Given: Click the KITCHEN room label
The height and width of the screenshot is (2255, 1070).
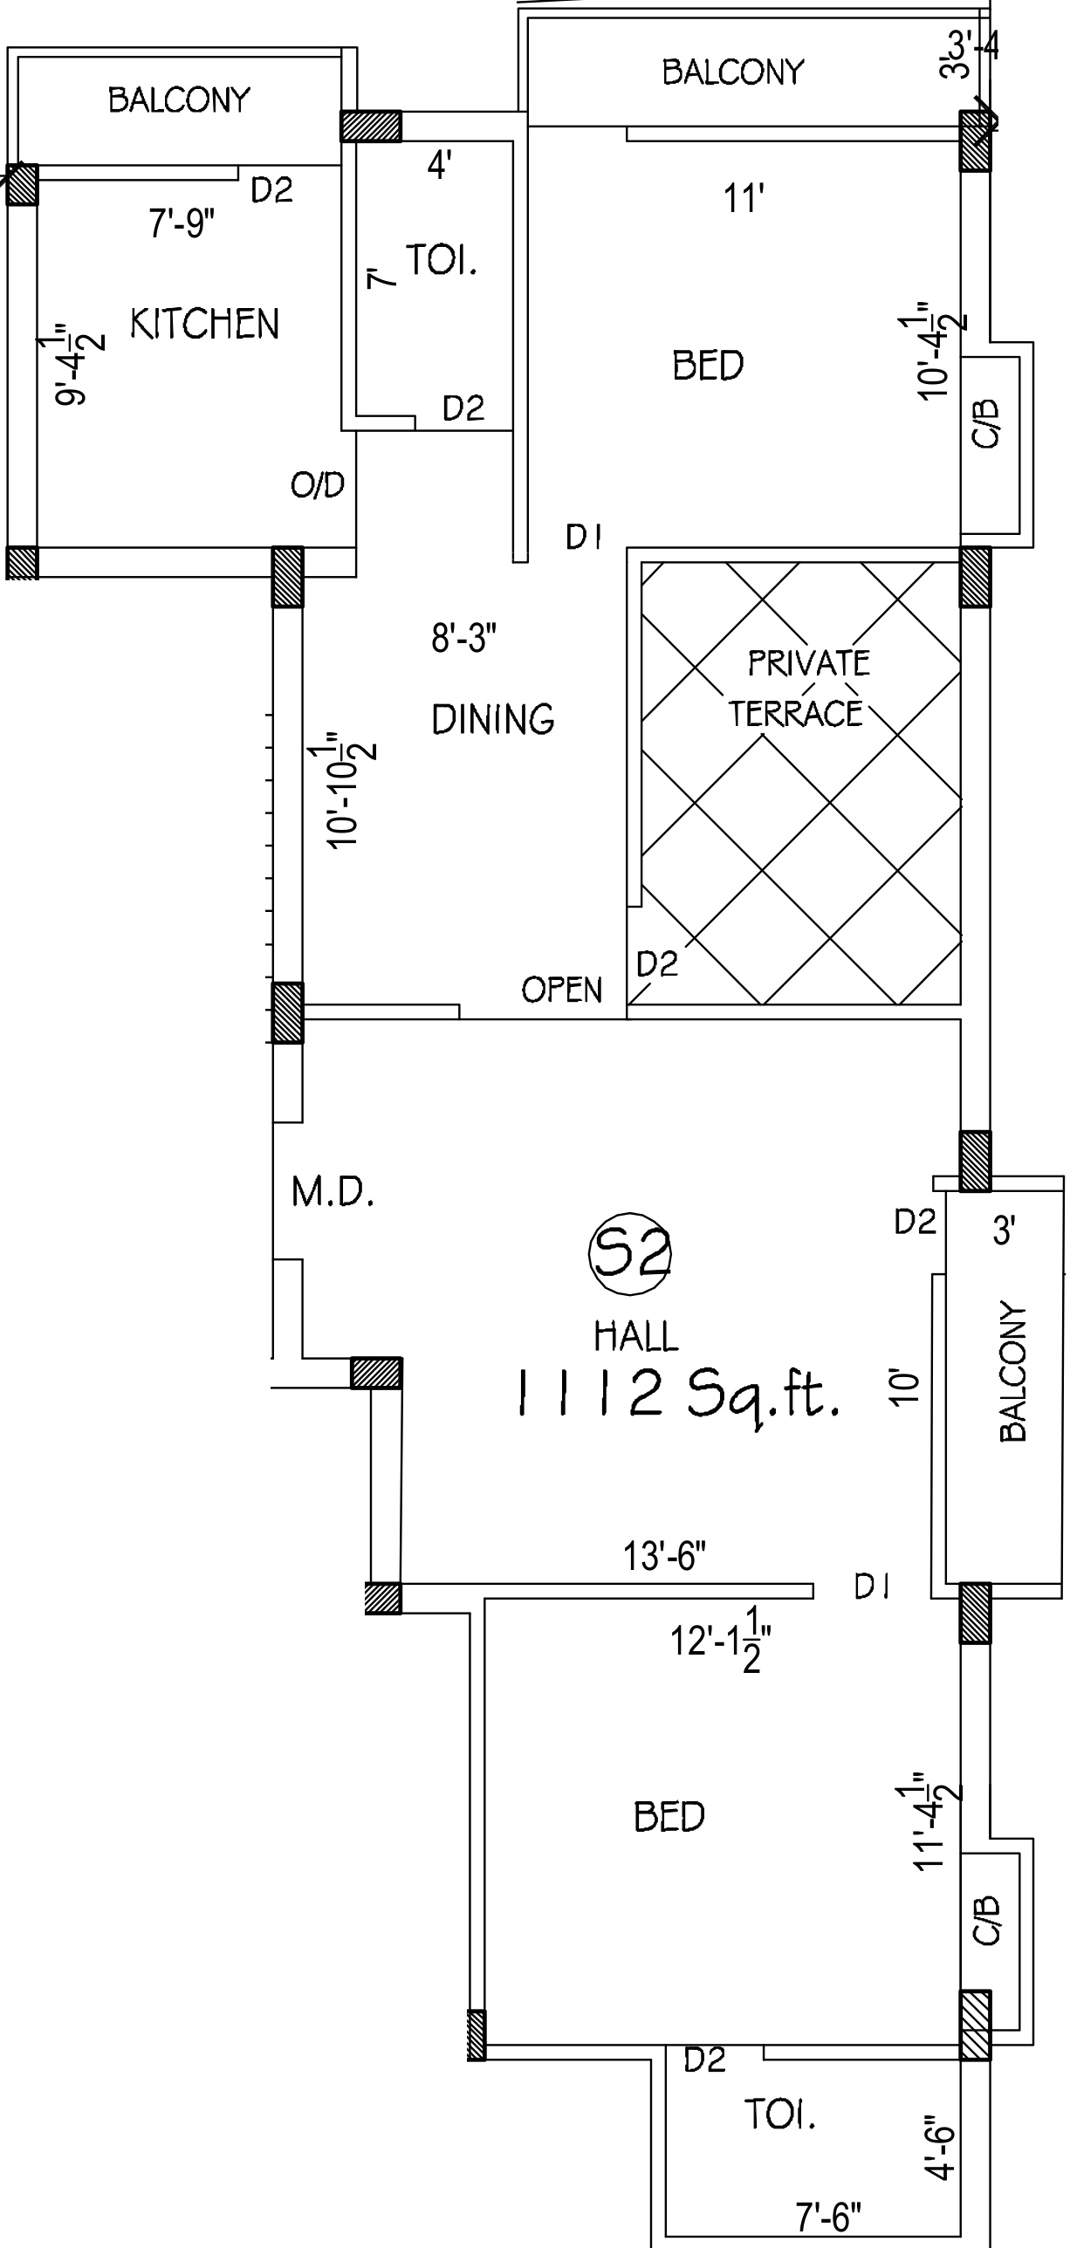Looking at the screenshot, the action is pos(205,324).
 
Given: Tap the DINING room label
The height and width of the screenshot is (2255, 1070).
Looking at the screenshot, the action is pos(493,719).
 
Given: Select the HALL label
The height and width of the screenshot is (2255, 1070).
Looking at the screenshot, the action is pos(635,1337).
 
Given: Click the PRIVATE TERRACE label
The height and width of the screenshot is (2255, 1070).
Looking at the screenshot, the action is pos(799,688).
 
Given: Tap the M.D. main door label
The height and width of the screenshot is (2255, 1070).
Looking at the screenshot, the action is pos(333,1191).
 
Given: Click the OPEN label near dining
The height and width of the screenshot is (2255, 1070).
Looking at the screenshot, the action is pos(562,990).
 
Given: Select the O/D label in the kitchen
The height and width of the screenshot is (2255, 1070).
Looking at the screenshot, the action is pos(318,484).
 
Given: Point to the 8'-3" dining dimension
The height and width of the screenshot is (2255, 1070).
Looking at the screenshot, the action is pos(464,638).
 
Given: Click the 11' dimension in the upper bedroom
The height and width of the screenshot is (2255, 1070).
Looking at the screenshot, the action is pos(744,199).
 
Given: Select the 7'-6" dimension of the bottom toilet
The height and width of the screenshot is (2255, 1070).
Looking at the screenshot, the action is pos(828,2217).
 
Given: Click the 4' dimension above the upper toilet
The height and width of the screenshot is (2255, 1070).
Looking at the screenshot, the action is pos(440,164).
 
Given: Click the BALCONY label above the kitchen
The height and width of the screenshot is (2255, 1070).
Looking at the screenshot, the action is pos(180,99).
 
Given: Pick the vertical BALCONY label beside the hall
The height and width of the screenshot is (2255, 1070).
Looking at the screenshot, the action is pos(1012,1372).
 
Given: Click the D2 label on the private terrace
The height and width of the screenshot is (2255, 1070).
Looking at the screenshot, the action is pos(656,963).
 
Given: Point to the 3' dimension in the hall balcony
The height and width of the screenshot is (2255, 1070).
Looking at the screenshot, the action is pos(1004,1230).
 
